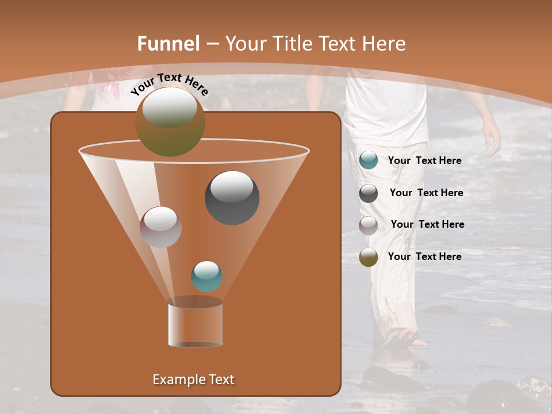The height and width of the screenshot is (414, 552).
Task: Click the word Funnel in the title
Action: (168, 44)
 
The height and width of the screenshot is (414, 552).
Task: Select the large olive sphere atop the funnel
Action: (170, 121)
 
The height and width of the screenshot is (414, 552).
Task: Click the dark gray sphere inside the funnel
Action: (232, 198)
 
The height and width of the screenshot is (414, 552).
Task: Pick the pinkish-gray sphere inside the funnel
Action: (161, 227)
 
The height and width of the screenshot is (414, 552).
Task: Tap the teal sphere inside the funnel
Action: (206, 277)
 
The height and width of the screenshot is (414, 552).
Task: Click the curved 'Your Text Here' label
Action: (169, 85)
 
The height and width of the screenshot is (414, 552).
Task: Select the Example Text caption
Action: (194, 379)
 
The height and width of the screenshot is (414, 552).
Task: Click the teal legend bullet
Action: (369, 160)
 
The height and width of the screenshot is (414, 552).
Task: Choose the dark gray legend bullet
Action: (369, 193)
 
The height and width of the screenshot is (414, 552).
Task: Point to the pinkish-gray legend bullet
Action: (369, 225)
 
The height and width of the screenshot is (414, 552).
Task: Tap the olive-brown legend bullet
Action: (369, 257)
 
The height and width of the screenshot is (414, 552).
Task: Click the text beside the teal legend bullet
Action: (424, 161)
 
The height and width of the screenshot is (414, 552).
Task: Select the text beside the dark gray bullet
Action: (426, 193)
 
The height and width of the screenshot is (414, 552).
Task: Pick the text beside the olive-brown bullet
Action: (424, 256)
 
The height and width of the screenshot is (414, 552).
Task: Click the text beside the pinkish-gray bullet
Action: (427, 225)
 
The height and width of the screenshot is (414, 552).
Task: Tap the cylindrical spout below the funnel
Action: (195, 325)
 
